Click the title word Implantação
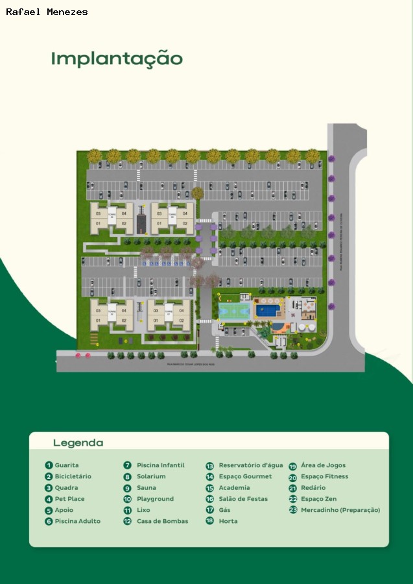117,59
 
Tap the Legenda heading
78,443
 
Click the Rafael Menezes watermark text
47,12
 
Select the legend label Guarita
67,465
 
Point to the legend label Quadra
66,488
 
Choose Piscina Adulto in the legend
77,521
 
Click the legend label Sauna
147,488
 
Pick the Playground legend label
155,499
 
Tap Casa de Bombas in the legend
162,521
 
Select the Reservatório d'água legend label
250,465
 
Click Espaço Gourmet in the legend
245,477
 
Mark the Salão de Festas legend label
244,499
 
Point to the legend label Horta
228,521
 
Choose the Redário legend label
313,488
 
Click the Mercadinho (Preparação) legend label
340,510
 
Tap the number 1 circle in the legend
49,465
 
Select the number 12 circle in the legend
128,521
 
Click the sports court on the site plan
233,310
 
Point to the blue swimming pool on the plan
268,310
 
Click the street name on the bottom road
195,365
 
